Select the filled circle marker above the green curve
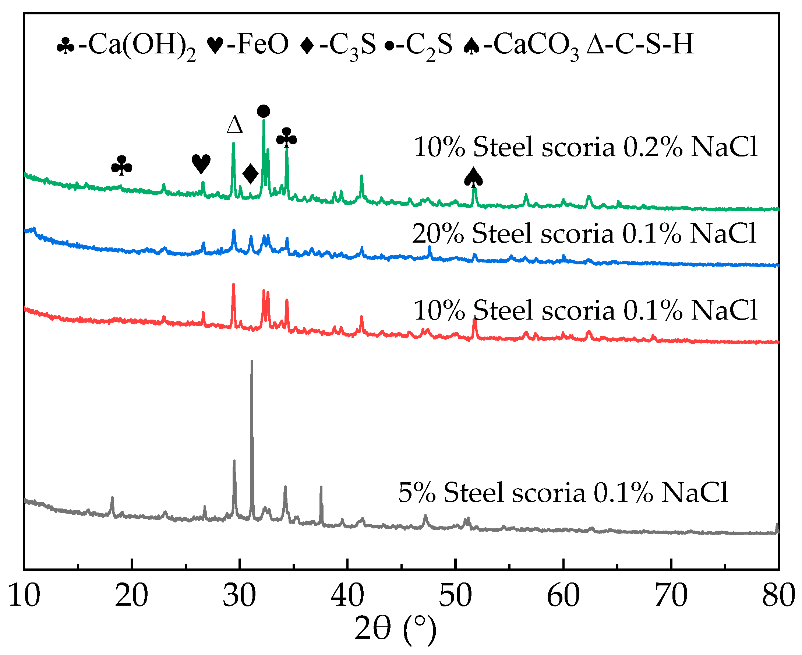(263, 111)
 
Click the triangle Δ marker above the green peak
(235, 124)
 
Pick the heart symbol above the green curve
(201, 164)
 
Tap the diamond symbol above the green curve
(250, 174)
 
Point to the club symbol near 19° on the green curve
(121, 166)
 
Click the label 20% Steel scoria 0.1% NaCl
(584, 233)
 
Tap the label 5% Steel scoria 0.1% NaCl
(563, 493)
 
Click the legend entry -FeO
(248, 44)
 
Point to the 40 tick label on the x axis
(347, 596)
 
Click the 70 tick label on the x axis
(671, 596)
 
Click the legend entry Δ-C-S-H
(640, 44)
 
